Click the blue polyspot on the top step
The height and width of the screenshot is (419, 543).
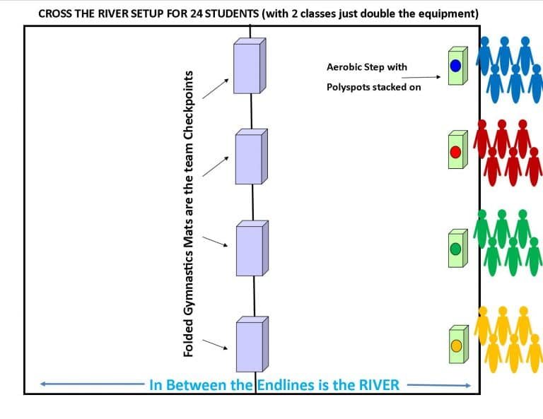click(x=456, y=66)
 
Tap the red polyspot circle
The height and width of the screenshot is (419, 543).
click(x=456, y=151)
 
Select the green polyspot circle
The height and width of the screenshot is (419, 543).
click(x=456, y=249)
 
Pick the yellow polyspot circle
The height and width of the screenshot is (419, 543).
click(x=456, y=345)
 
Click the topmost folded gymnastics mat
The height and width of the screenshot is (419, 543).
click(x=250, y=66)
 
